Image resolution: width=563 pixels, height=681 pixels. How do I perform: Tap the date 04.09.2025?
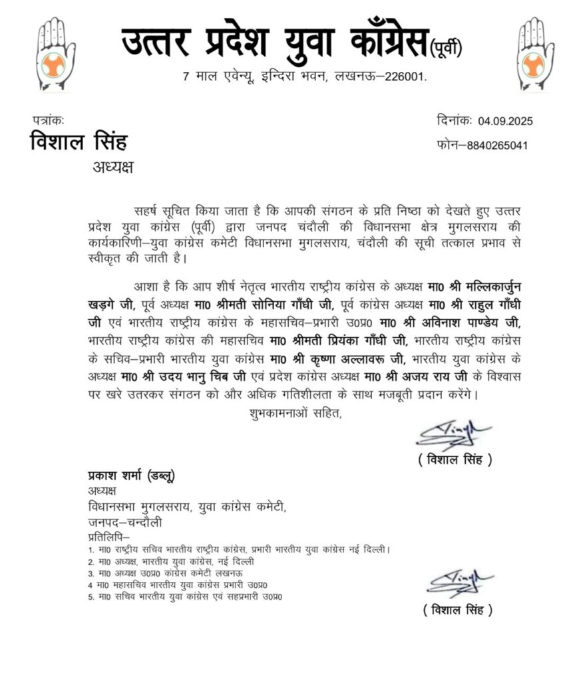coord(505,122)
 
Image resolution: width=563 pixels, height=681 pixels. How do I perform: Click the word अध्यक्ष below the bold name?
coord(112,166)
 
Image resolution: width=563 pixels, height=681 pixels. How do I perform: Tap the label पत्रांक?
coord(48,120)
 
